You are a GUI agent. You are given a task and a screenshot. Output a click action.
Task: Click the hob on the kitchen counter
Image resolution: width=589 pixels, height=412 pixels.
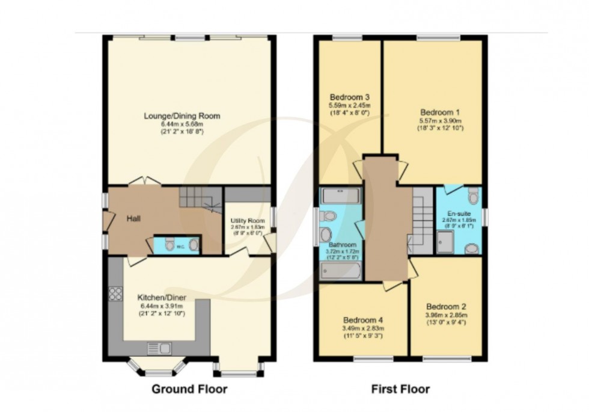(x=115, y=294)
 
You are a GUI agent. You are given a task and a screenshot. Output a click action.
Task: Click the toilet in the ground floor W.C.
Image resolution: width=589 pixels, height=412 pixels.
(x=170, y=244)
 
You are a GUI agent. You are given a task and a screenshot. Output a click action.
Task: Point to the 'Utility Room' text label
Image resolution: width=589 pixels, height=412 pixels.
(x=247, y=220)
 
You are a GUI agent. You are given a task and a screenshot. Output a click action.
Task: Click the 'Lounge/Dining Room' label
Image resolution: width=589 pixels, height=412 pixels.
(x=182, y=115)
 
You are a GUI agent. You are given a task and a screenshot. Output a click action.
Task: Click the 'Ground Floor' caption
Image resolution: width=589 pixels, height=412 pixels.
(x=189, y=389)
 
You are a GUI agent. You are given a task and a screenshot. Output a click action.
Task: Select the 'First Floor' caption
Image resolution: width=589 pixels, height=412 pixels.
(x=401, y=389)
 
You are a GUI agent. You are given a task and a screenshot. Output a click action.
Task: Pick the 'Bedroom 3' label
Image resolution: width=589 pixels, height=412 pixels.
(x=349, y=97)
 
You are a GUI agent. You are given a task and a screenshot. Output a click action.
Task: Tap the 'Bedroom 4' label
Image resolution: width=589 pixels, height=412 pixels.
(x=363, y=320)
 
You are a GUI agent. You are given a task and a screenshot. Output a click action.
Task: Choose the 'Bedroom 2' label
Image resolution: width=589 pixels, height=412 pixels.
(x=445, y=305)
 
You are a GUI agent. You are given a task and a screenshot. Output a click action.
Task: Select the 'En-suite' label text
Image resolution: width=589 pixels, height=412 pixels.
(x=458, y=214)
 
